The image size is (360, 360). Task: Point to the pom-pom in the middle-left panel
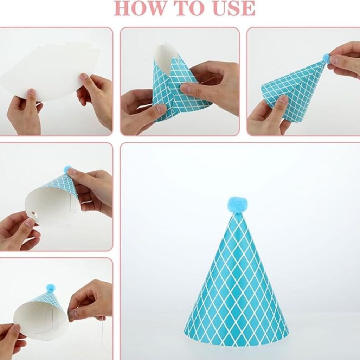tap(68, 169)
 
